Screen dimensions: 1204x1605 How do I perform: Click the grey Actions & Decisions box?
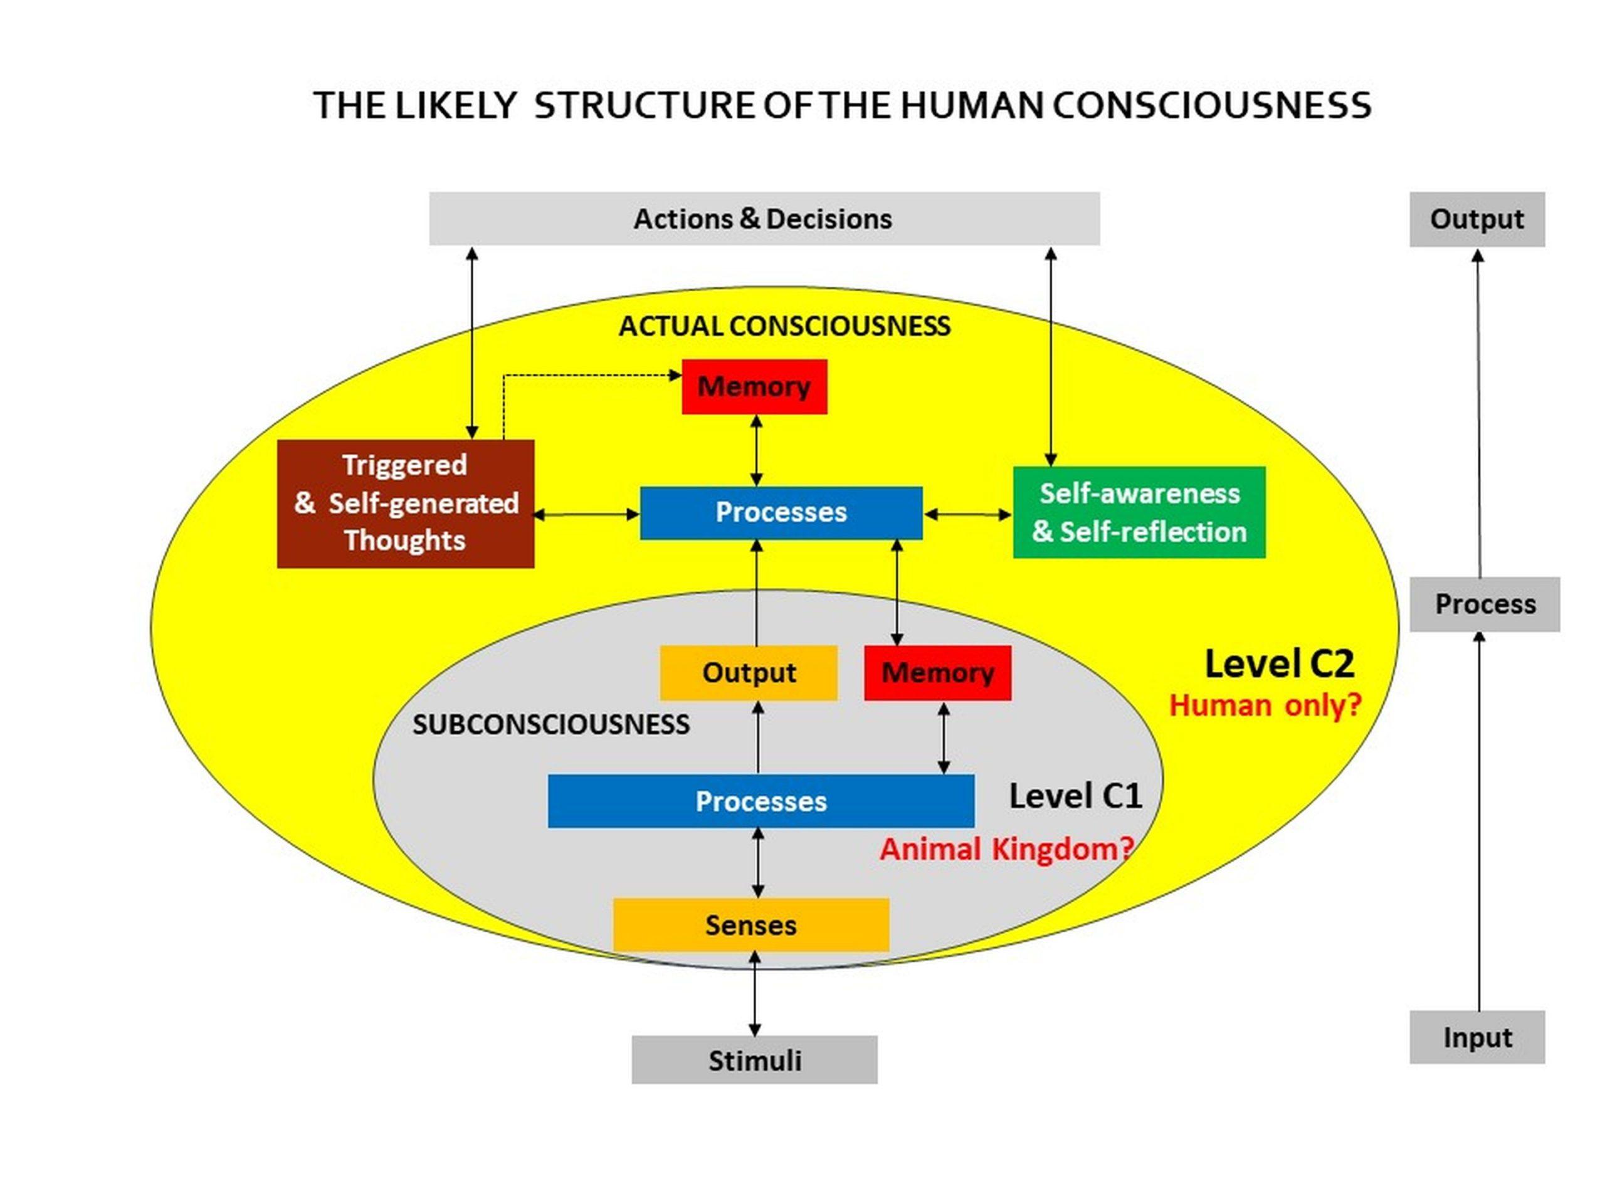coord(764,218)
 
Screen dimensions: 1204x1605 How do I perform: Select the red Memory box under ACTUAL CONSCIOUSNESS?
coord(754,387)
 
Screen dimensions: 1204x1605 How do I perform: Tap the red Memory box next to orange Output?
coord(937,673)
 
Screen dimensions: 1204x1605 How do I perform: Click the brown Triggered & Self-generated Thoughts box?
coord(406,503)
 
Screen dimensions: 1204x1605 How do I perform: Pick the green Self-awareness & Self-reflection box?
coord(1139,512)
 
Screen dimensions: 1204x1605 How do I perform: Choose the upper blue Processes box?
coord(781,512)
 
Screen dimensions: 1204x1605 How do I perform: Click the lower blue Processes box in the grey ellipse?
coord(760,801)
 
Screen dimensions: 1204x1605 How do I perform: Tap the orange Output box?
coord(748,673)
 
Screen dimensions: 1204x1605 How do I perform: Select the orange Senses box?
coord(751,926)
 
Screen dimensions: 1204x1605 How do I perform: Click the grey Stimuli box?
coord(755,1060)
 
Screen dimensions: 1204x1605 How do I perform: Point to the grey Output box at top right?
coord(1476,219)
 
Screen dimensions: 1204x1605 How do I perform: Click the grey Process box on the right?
coord(1485,604)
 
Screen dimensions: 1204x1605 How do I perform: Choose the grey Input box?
coord(1476,1037)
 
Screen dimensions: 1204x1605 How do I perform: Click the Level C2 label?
coord(1279,664)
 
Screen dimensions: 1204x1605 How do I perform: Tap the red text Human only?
coord(1265,705)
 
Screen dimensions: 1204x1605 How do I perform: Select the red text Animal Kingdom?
coord(1006,849)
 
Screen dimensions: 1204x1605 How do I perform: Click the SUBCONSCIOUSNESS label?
coord(550,724)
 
